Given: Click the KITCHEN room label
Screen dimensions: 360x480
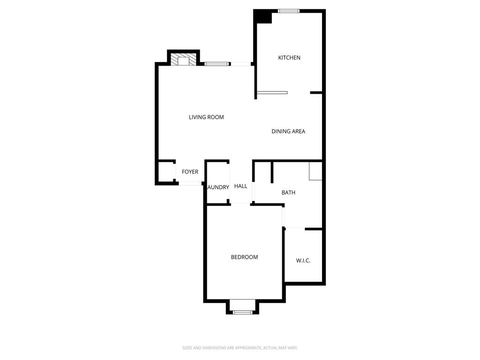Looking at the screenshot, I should click(289, 58).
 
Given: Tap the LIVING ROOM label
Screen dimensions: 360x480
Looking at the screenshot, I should click(206, 117).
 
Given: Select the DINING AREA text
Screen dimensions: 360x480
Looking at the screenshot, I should click(288, 131).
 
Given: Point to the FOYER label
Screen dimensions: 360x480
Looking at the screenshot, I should click(190, 172).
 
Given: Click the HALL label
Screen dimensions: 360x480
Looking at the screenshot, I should click(240, 186).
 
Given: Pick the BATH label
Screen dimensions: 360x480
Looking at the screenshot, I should click(288, 192).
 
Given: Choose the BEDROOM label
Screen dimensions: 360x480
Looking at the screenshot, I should click(244, 257).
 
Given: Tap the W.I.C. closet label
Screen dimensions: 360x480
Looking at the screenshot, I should click(303, 261).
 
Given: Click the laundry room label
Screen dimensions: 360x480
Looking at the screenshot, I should click(218, 187).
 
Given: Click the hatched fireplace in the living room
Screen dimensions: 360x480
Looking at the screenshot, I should click(183, 60).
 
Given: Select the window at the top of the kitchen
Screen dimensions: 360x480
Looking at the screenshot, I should click(288, 11).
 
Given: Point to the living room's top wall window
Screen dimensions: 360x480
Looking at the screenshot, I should click(217, 64).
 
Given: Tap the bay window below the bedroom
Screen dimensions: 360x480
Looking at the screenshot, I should click(242, 312).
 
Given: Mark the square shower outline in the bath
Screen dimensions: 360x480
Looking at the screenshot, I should click(315, 171).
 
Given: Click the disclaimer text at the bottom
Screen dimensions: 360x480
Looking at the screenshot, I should click(240, 348).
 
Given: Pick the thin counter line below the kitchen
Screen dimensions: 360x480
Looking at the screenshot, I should click(272, 92).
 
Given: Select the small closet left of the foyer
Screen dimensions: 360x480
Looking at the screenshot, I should click(166, 172).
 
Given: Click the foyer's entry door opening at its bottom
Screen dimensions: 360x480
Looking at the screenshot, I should click(190, 183).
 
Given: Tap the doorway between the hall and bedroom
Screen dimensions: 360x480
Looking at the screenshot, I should click(241, 204).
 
